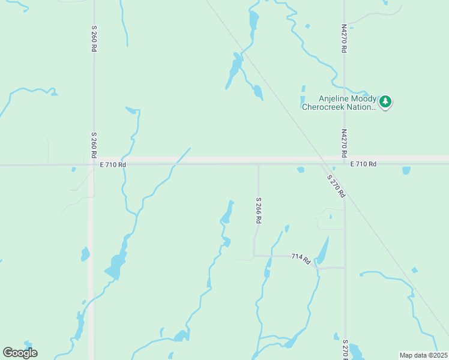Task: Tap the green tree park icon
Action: [385, 103]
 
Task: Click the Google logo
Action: [20, 353]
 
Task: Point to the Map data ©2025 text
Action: [423, 355]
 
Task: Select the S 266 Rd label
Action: [259, 211]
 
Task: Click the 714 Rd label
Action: [301, 259]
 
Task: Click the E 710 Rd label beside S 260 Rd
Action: [113, 164]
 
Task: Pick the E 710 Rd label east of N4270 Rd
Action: [364, 164]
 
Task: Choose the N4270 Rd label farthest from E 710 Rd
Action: [344, 39]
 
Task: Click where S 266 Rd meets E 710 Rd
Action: [259, 163]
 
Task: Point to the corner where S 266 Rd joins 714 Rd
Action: [255, 256]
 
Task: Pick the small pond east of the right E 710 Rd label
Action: [406, 170]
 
